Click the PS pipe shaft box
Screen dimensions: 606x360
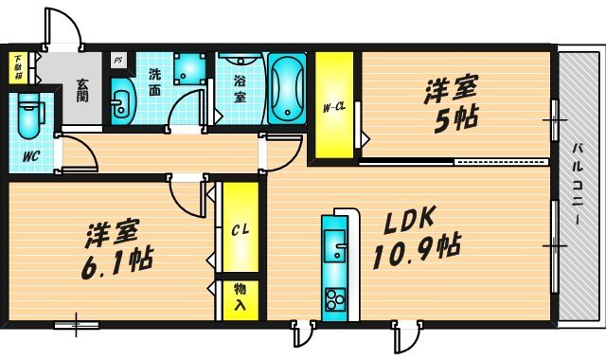tap(117, 59)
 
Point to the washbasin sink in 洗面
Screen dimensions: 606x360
tap(121, 102)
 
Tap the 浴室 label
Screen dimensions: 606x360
tap(240, 89)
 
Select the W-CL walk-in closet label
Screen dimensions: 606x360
tap(333, 106)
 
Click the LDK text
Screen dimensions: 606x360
tap(409, 220)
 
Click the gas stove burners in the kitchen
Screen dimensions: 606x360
tap(335, 299)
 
